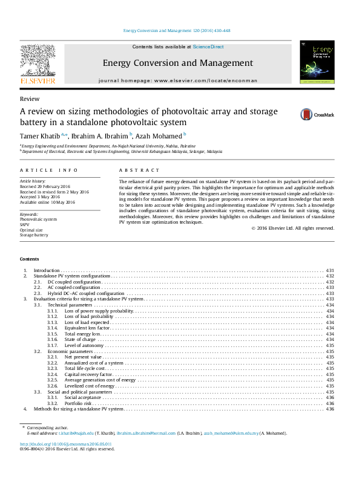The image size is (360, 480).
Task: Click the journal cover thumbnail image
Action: click(317, 63)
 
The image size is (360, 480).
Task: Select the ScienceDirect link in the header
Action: click(208, 47)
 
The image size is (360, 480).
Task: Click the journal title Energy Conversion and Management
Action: click(177, 63)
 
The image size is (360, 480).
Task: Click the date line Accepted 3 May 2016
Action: click(40, 197)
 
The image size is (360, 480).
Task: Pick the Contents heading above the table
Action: click(29, 259)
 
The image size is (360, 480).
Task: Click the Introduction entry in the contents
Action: click(47, 270)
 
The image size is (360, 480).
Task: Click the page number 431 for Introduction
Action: click(330, 270)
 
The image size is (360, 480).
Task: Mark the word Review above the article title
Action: click(30, 99)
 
